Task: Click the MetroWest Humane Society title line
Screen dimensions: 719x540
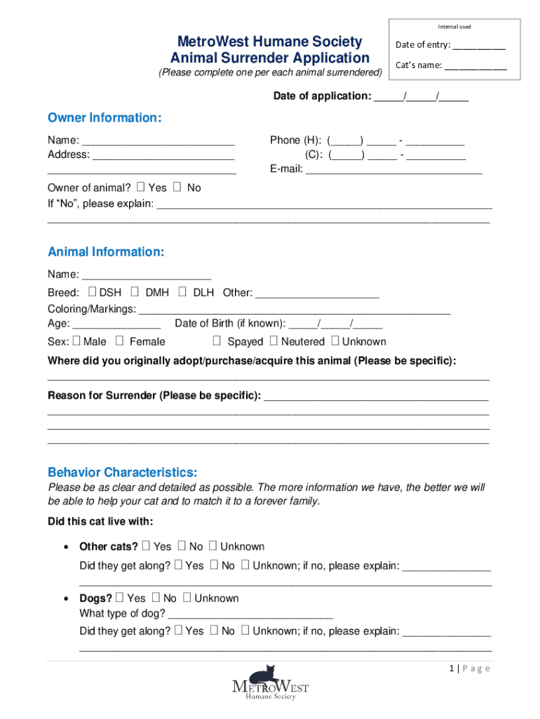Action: click(270, 41)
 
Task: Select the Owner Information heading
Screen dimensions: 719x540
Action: click(104, 118)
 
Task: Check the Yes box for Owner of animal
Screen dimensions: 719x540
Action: click(141, 187)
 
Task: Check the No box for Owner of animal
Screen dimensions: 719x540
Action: click(177, 187)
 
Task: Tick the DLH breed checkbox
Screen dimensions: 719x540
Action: click(182, 291)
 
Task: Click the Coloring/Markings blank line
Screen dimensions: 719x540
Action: click(295, 310)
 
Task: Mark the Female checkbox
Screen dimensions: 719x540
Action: click(119, 341)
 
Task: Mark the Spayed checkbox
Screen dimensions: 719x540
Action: click(217, 341)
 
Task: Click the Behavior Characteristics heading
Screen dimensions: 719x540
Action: click(123, 472)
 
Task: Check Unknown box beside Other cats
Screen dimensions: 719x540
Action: click(213, 546)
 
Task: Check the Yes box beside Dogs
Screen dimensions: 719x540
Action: click(119, 598)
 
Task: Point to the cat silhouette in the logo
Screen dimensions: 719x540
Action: click(263, 675)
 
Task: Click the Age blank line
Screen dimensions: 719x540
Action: click(116, 324)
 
